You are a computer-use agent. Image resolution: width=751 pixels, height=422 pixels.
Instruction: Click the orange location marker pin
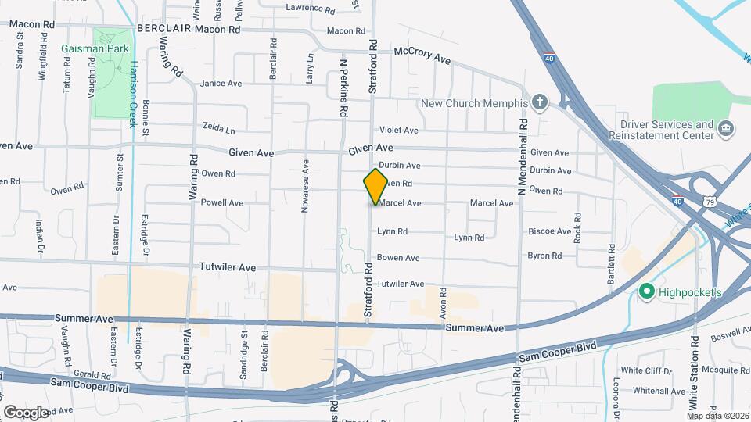tap(375, 186)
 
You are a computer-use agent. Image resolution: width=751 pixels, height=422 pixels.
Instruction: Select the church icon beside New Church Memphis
tap(540, 103)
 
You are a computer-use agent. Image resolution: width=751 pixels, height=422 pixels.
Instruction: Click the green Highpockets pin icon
tap(647, 292)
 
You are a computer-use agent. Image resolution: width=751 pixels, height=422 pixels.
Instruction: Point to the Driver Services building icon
tap(726, 127)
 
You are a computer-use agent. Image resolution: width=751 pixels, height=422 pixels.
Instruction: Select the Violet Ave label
tap(399, 130)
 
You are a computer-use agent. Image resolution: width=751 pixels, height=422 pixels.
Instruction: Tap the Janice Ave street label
tap(221, 84)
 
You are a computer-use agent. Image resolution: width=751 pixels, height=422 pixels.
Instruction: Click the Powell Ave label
tap(222, 202)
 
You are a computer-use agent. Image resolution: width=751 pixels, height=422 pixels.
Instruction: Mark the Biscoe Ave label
tap(550, 231)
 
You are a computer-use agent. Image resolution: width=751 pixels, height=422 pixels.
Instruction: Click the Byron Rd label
tap(544, 256)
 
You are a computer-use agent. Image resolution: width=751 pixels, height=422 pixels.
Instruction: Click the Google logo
tap(27, 411)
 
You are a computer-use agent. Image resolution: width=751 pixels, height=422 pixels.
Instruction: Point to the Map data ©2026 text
tap(719, 415)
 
